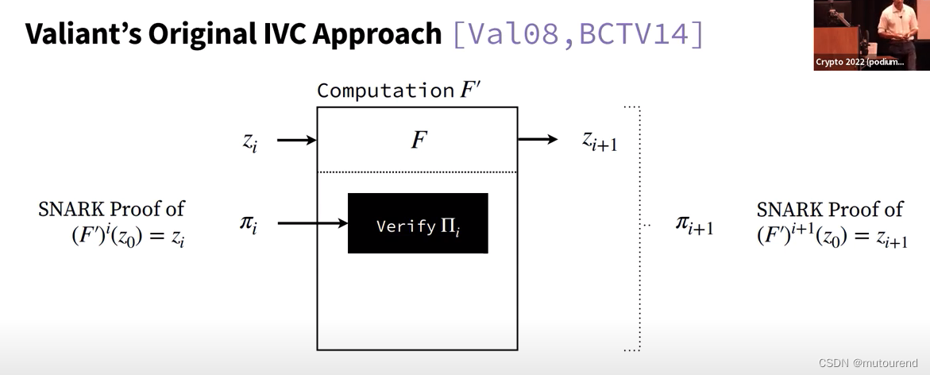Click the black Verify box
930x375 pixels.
[x=418, y=223]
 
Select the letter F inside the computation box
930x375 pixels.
[x=419, y=141]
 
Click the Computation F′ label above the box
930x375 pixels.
[x=399, y=91]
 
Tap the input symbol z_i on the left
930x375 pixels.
[x=249, y=141]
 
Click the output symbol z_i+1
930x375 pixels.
[x=600, y=141]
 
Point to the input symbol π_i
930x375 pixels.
[x=249, y=224]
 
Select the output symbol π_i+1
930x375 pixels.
[x=693, y=225]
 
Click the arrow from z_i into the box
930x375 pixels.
[x=296, y=141]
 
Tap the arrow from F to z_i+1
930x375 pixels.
[x=538, y=140]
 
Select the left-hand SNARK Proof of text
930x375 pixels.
[x=111, y=209]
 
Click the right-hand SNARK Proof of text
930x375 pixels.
[x=830, y=209]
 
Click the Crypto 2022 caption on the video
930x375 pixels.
[x=859, y=62]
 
